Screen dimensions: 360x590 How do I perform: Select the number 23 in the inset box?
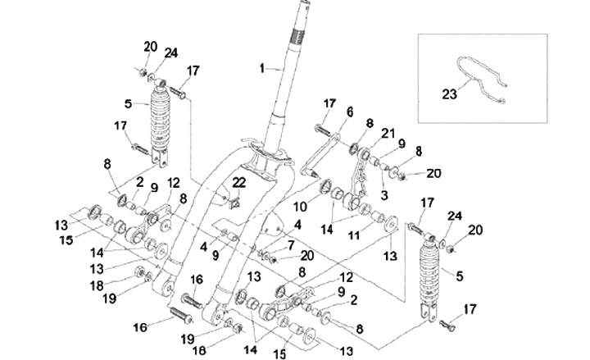(447, 94)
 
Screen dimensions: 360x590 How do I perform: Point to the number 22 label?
(238, 182)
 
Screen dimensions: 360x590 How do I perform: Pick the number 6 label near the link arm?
(349, 111)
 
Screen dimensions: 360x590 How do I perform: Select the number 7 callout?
(289, 244)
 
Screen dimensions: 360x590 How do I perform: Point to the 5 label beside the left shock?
(127, 103)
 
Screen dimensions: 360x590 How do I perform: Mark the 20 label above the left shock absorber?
(149, 46)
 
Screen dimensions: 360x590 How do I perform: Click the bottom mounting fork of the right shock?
(426, 312)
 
